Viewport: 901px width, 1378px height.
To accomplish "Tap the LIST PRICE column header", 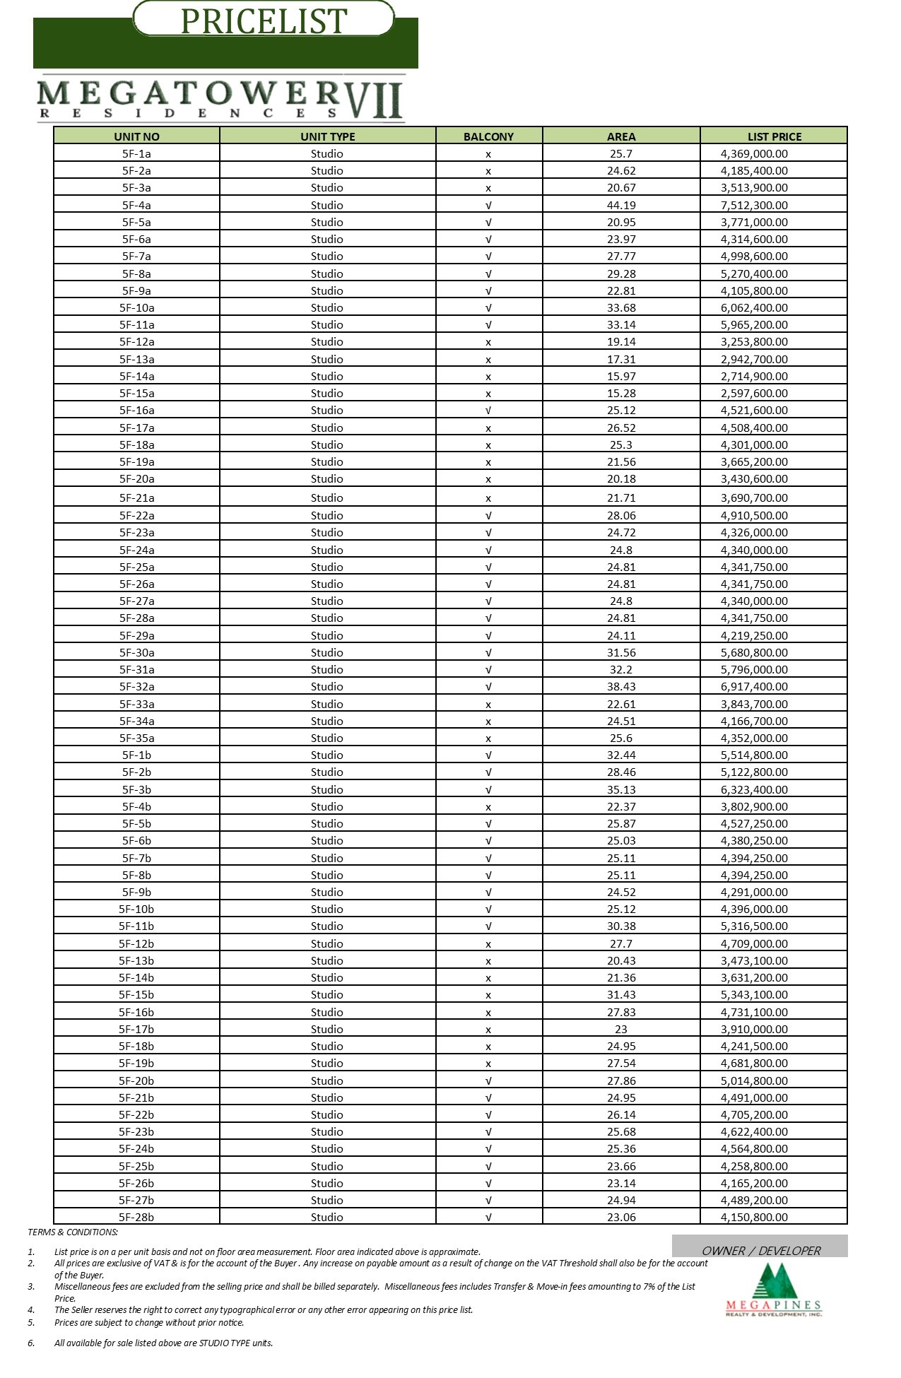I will tap(774, 136).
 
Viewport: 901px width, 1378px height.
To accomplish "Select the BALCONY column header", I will tap(488, 136).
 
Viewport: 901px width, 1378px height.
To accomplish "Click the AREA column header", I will tap(621, 136).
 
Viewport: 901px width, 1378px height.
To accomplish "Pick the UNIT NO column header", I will tap(136, 136).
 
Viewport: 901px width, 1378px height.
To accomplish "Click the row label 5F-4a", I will tap(136, 205).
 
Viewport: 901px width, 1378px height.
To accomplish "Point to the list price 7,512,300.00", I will tap(754, 205).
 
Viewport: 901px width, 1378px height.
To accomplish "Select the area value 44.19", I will tap(621, 205).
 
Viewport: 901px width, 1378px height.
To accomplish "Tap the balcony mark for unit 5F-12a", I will tap(488, 342).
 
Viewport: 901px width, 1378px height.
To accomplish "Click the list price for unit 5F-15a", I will tap(754, 393).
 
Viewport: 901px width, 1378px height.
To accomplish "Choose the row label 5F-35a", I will tap(136, 738).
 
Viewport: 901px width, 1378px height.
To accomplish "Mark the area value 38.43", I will tap(621, 686).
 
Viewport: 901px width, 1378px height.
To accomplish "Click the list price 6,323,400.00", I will tap(754, 789).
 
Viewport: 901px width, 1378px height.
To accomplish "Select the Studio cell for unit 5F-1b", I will tap(327, 755).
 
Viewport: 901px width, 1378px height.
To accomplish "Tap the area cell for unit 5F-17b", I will tap(621, 1029).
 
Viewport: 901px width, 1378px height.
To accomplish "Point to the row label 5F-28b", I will tap(136, 1217).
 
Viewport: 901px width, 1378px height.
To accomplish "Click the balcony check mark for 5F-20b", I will tap(488, 1080).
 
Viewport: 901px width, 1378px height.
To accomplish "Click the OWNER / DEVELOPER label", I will tap(760, 1251).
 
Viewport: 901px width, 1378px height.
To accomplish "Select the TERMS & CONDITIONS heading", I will tap(73, 1232).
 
